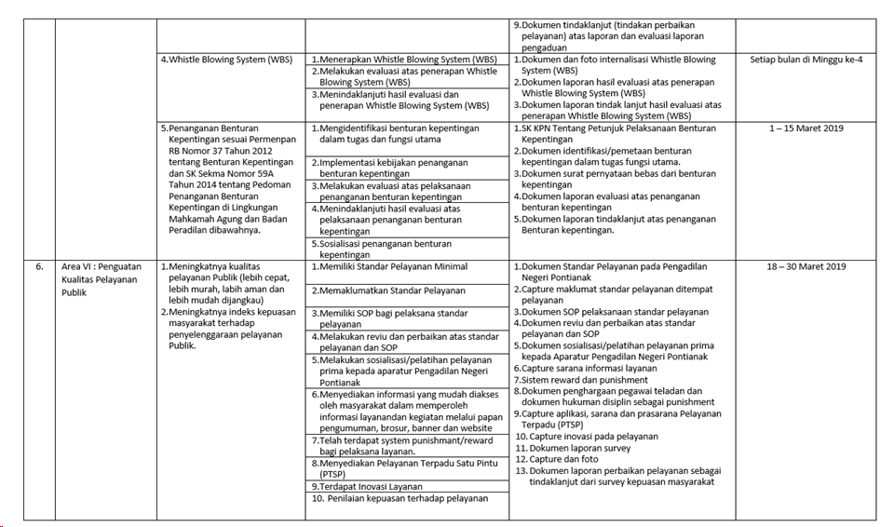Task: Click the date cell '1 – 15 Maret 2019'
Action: click(806, 128)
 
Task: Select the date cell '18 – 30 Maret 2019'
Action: click(806, 266)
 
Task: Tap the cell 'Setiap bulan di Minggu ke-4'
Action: click(806, 60)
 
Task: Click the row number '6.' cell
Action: click(40, 266)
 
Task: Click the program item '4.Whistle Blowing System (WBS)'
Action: click(226, 60)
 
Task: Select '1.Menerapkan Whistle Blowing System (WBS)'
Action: click(404, 60)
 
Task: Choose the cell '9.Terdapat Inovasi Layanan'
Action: click(367, 486)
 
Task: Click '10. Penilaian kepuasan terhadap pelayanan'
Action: click(400, 498)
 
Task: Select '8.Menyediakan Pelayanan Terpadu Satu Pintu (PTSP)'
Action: click(401, 467)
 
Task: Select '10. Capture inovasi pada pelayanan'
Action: click(587, 436)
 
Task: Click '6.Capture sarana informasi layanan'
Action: click(589, 369)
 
